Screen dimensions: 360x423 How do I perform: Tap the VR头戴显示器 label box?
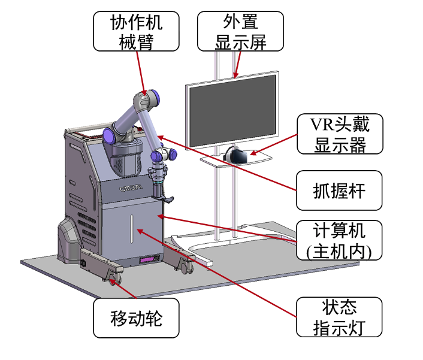point(340,134)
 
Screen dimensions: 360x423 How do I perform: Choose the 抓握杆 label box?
point(340,190)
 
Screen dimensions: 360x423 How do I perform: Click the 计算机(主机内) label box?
point(340,240)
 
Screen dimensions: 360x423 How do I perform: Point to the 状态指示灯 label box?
point(340,317)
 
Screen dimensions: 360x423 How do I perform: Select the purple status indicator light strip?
point(147,260)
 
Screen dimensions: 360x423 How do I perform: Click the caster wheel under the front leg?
point(114,279)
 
